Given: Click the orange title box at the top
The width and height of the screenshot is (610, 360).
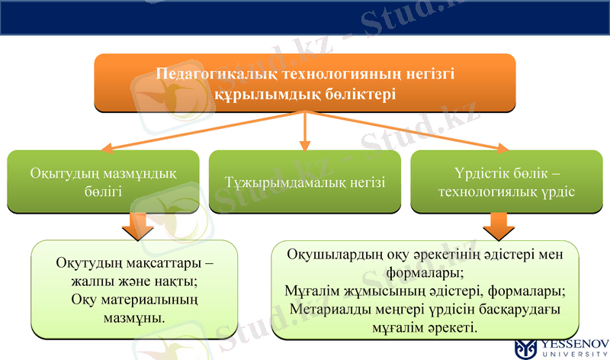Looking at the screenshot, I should pyautogui.click(x=305, y=82).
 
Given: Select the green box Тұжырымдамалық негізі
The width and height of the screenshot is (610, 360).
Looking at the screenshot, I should pyautogui.click(x=305, y=182).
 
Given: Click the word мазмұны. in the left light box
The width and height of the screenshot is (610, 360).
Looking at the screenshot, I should pyautogui.click(x=134, y=315).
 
